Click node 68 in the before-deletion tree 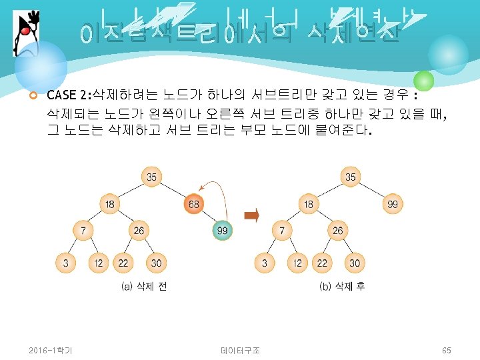click(193, 204)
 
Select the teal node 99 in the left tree click(223, 231)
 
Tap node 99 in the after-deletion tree click(392, 204)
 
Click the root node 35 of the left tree click(151, 177)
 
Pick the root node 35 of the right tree click(351, 177)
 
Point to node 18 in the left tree click(110, 204)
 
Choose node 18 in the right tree click(309, 204)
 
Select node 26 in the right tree click(337, 231)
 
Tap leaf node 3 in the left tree click(65, 263)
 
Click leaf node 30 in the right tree click(355, 263)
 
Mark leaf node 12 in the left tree click(99, 263)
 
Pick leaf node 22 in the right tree click(322, 263)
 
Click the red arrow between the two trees click(251, 215)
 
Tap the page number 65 click(447, 350)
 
